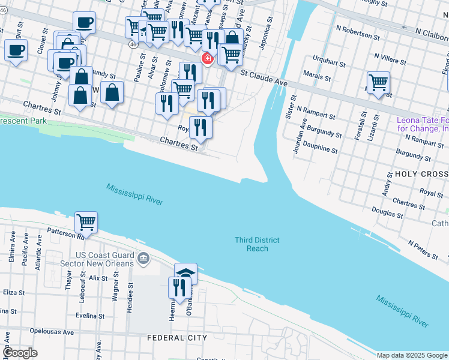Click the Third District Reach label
[x=257, y=244]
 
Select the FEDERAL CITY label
[x=177, y=338]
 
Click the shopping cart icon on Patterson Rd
[x=86, y=222]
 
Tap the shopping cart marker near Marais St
[x=378, y=82]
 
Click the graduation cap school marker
[x=185, y=274]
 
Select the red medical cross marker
[x=208, y=58]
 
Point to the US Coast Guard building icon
[x=143, y=259]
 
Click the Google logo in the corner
[x=20, y=352]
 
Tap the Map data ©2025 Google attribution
[x=411, y=355]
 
